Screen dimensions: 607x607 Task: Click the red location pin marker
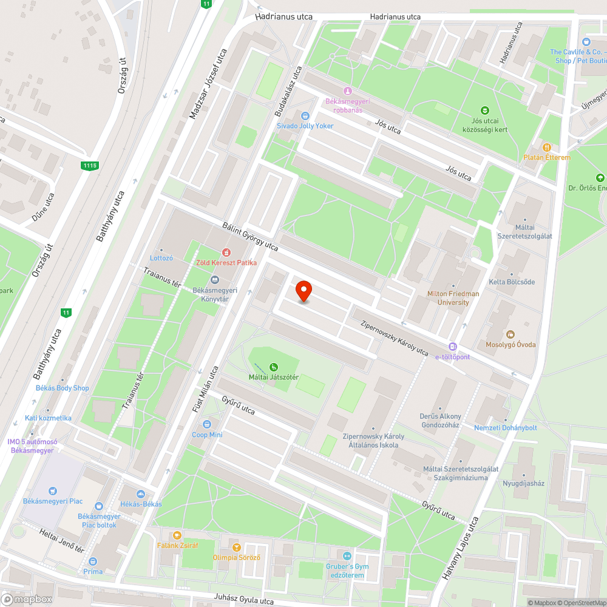point(303,291)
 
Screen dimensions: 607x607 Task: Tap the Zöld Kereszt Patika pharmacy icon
point(226,252)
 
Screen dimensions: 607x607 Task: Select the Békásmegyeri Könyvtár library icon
point(214,279)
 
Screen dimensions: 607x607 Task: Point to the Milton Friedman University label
point(453,298)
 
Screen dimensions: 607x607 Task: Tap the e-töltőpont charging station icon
point(452,346)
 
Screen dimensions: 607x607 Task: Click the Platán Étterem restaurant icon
point(547,147)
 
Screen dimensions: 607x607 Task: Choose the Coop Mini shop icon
point(207,424)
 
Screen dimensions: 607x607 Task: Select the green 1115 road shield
point(90,165)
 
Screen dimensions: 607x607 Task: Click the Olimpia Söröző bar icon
point(237,546)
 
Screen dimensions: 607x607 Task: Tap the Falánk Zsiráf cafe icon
point(177,535)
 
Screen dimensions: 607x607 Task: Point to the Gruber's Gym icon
point(347,555)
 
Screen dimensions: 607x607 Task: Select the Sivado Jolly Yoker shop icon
point(305,115)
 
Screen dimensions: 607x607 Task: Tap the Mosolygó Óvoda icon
point(510,334)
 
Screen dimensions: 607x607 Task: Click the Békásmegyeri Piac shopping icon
point(53,490)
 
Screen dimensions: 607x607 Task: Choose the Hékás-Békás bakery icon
point(141,494)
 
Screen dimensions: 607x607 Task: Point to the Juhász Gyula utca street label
point(243,599)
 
